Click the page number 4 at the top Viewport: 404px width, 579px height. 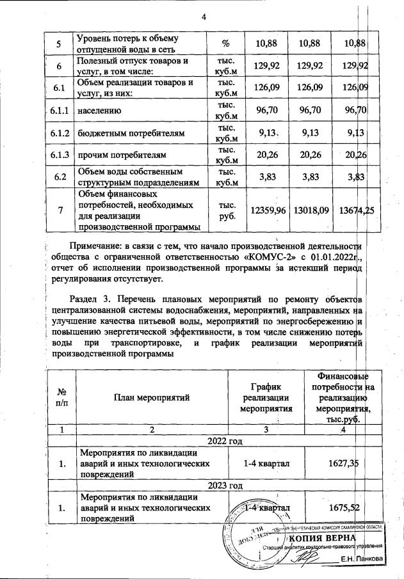point(203,17)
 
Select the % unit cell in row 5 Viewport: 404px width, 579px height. point(225,44)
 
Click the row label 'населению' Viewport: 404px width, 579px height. point(98,111)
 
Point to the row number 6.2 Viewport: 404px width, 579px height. point(58,177)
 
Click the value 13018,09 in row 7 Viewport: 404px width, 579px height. point(309,210)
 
